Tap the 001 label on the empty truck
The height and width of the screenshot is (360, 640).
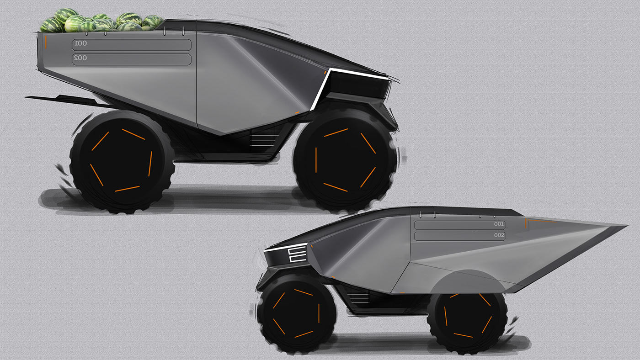499,224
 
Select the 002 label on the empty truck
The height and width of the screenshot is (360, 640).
499,236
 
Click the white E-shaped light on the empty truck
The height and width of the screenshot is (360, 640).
297,255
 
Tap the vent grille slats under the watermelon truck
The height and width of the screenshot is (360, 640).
264,137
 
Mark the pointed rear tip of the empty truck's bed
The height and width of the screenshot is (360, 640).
624,226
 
